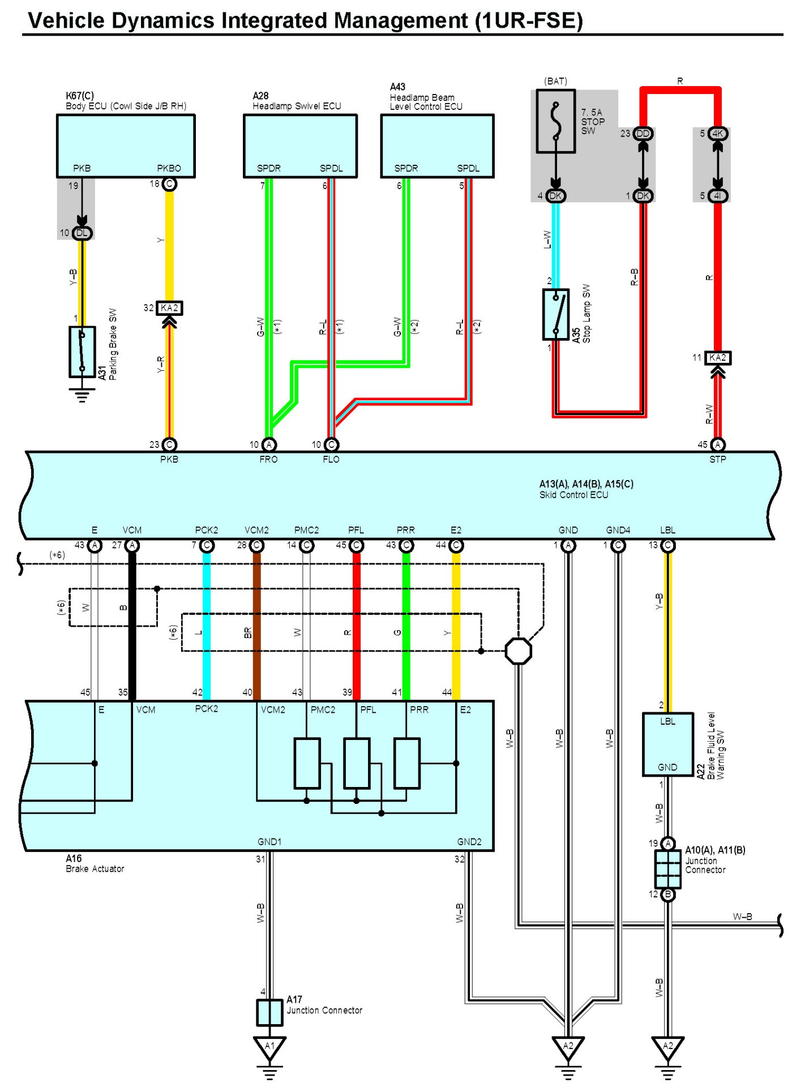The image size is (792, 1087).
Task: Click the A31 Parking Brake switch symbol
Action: tap(82, 352)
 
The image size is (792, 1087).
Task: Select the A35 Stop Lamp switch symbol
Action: tap(555, 314)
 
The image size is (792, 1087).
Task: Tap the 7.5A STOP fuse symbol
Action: tap(556, 121)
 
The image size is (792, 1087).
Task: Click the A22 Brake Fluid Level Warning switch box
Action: tap(667, 744)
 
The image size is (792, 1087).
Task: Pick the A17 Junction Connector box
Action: tap(269, 1012)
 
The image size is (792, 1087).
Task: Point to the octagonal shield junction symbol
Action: tap(518, 651)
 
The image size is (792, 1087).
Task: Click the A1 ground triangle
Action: tap(269, 1046)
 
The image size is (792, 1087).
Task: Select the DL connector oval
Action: tap(82, 233)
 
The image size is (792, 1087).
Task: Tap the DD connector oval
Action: tap(643, 134)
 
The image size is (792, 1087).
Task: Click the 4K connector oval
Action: tap(718, 134)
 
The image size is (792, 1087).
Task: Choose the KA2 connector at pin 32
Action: tap(169, 308)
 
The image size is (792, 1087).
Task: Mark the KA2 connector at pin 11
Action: tap(718, 358)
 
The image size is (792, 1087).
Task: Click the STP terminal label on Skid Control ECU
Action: tap(717, 460)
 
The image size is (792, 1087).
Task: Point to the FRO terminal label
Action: tap(268, 460)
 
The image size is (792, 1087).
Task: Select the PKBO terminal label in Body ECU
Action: tap(169, 168)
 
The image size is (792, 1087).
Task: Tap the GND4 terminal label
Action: tap(618, 530)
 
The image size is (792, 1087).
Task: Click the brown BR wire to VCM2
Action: tap(256, 623)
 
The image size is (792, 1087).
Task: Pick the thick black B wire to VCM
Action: tap(132, 623)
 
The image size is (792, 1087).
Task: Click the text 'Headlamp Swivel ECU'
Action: tap(297, 106)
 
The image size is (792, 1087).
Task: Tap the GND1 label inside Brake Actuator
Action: tap(269, 842)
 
